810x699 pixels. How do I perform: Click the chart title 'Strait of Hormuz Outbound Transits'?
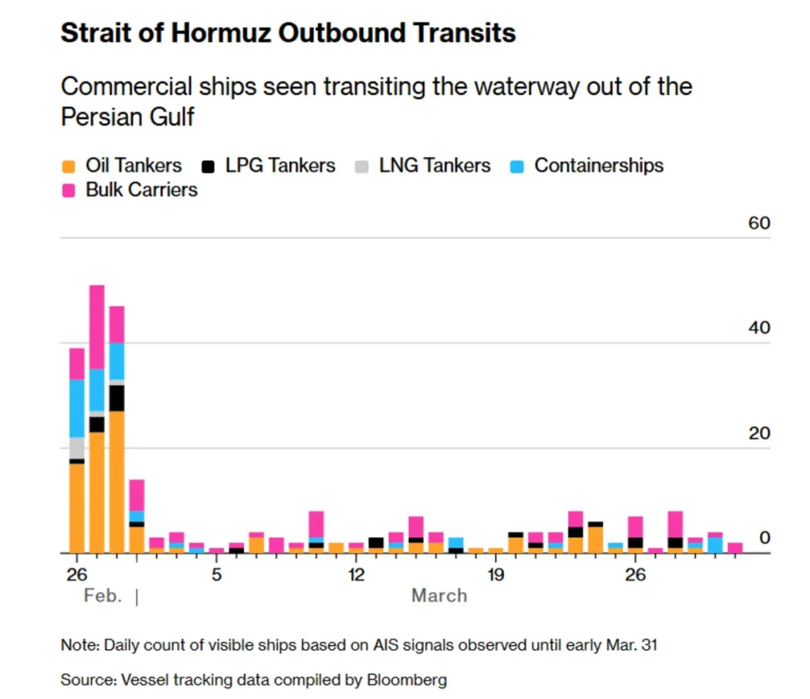coord(288,33)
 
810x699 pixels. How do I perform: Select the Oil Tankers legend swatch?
coord(70,166)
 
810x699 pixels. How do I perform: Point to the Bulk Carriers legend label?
coord(142,190)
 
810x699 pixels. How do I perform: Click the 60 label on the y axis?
coord(759,224)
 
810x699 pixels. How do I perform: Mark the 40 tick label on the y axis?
coord(759,328)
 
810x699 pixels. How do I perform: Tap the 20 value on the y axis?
coord(759,433)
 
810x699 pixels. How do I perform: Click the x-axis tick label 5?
coord(216,573)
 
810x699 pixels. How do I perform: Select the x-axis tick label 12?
coord(356,573)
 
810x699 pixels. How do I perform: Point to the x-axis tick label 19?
coord(495,573)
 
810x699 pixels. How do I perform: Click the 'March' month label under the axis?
coord(439,595)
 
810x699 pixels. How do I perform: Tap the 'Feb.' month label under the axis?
coord(103,595)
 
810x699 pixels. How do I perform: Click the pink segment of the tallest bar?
coord(97,327)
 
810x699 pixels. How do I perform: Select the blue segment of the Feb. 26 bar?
coord(77,408)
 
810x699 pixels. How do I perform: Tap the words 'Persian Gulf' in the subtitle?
coord(127,117)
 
